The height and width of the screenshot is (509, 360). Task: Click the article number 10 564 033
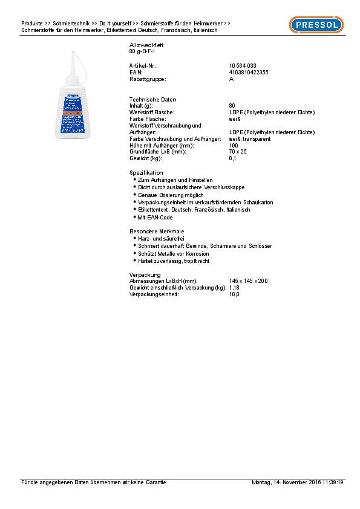(242, 65)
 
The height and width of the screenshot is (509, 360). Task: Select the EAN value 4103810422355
(249, 72)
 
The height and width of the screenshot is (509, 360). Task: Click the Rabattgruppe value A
(232, 79)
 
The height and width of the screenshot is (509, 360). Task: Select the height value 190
(234, 145)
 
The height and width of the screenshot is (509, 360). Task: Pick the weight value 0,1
(233, 158)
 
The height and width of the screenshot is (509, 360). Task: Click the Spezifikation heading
(146, 172)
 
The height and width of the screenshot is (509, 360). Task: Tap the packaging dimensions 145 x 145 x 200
(249, 281)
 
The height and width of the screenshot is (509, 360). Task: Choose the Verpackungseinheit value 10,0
(234, 294)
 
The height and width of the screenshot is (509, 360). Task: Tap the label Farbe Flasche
(148, 118)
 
